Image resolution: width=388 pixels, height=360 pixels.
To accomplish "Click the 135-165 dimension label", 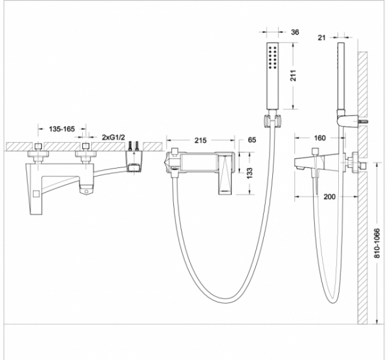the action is tap(61, 129).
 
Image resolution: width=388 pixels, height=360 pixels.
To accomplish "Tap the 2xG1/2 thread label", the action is tap(114, 137).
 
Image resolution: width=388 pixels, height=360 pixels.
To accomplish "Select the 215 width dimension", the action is tap(200, 140).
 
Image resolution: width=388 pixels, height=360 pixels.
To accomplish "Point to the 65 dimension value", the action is tap(252, 140).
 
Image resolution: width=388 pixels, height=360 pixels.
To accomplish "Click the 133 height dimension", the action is tap(250, 173).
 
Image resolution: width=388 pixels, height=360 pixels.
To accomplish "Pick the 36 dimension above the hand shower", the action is tap(295, 32).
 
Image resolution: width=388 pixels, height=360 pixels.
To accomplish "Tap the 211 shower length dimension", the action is tap(293, 76).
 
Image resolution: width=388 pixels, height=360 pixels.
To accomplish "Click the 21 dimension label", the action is tap(321, 37).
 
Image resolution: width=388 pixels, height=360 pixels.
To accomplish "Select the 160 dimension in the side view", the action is tap(319, 138).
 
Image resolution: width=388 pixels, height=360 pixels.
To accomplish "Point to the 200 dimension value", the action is tap(330, 196).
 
